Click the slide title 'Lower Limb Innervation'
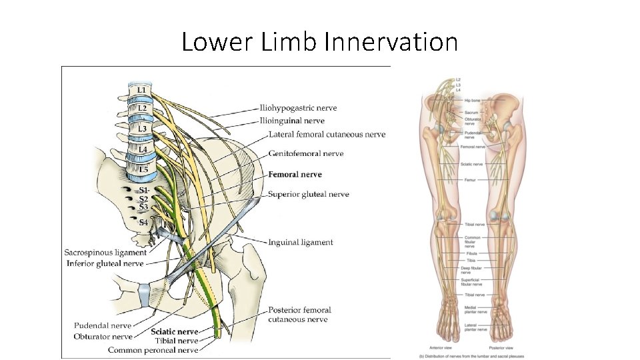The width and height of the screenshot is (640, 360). [319, 42]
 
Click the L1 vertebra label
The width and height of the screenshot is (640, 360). [142, 90]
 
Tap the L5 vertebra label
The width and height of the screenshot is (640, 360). [143, 170]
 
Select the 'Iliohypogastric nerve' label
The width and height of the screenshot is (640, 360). [299, 108]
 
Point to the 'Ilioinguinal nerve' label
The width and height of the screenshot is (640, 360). [292, 121]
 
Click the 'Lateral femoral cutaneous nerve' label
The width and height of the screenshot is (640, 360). [327, 134]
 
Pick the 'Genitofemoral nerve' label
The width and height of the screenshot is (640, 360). [306, 153]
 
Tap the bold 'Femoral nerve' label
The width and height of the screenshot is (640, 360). [295, 174]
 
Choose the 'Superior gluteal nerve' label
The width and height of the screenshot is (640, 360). [309, 194]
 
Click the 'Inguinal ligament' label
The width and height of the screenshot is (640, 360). [300, 242]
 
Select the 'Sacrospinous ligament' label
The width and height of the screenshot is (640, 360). [105, 253]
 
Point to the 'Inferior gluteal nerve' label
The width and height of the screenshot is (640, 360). [105, 263]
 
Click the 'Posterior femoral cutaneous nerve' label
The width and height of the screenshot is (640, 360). [299, 315]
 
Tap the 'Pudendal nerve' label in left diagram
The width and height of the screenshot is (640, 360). [103, 325]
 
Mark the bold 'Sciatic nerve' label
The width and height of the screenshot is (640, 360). [175, 331]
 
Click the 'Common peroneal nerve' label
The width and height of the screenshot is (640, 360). [153, 349]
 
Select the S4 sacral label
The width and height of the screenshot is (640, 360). [143, 223]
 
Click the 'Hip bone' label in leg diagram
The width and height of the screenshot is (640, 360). [473, 100]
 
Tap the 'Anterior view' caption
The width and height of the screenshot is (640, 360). [439, 348]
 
